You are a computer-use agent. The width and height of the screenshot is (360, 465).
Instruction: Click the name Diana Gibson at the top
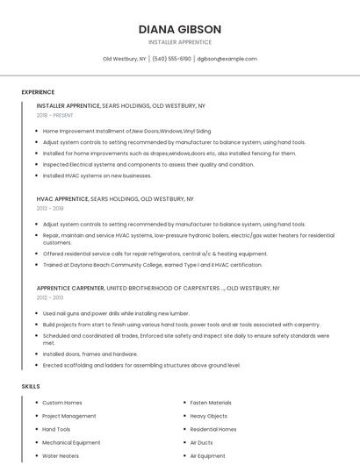179,29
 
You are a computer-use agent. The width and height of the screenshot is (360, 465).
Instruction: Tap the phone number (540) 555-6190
171,59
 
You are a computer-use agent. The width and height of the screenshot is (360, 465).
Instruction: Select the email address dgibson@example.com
227,59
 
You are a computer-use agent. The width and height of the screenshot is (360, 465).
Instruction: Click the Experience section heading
38,92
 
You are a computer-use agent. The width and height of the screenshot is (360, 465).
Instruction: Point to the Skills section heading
31,386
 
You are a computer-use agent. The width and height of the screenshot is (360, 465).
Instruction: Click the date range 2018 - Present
55,115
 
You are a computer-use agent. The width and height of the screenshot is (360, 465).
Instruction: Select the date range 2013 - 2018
50,209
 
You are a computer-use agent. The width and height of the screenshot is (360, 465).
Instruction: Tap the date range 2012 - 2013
50,297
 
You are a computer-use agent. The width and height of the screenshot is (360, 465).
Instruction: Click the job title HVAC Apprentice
63,199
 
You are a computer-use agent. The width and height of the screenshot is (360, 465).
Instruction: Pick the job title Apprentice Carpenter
70,288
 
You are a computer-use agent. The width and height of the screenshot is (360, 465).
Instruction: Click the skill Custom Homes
62,403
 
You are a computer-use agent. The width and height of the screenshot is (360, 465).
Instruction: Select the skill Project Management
69,416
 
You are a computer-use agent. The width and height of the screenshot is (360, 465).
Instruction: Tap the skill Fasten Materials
211,403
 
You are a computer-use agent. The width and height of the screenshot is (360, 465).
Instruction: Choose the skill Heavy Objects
208,416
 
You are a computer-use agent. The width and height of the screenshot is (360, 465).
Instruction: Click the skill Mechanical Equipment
71,443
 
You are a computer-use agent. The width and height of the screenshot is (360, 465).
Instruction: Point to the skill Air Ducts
201,443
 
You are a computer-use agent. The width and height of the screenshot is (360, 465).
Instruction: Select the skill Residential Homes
213,430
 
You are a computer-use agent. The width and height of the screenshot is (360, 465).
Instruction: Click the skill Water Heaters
61,456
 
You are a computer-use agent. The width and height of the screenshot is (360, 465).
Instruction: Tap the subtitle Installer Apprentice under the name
179,42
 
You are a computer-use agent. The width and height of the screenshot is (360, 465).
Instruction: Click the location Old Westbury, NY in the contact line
124,59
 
